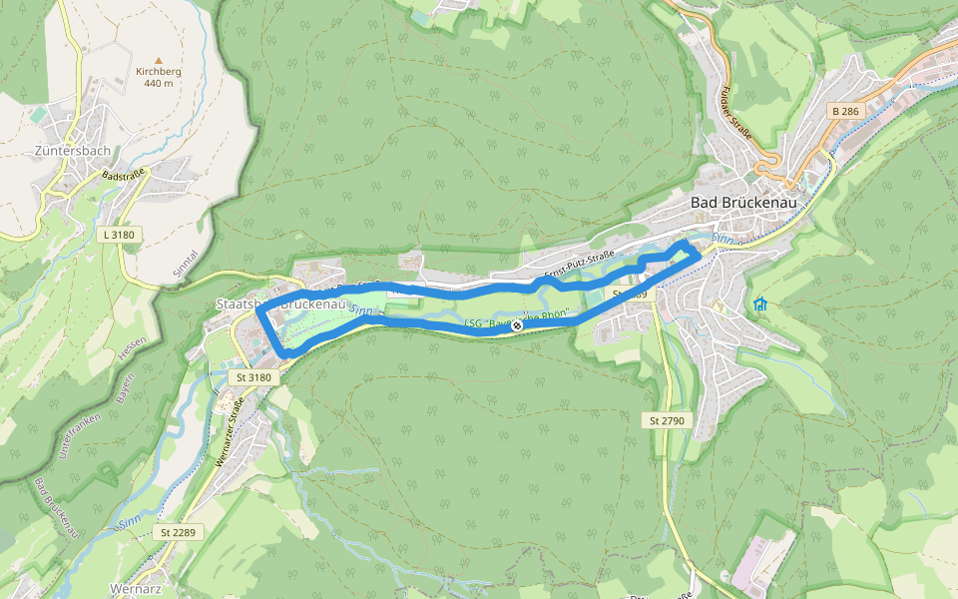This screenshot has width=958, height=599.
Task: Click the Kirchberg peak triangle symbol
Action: pos(158,60)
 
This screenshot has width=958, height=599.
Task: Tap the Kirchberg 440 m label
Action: pos(158,78)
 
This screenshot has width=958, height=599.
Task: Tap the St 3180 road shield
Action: pos(253,378)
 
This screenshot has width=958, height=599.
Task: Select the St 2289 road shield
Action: pos(178,533)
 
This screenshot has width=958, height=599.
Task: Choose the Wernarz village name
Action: pos(137,586)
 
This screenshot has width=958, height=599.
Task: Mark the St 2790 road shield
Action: pos(666,421)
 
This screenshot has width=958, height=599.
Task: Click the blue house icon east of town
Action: pos(760,303)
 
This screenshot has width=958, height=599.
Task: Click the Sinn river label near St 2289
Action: pos(128,522)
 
